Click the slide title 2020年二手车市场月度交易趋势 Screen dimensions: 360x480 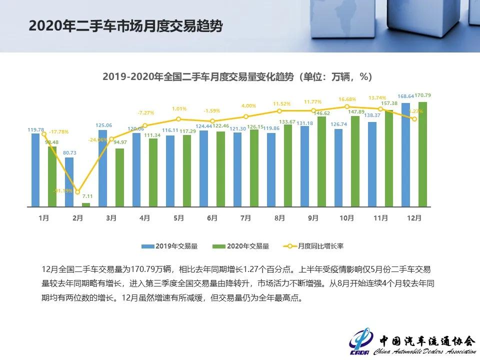click(125, 26)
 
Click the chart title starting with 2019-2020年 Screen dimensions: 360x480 click(237, 77)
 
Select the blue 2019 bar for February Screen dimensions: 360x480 click(69, 182)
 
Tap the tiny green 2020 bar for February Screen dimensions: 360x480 click(86, 204)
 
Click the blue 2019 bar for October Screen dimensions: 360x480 click(338, 167)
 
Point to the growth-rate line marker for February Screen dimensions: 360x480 click(77, 192)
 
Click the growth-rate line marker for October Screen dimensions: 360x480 click(347, 106)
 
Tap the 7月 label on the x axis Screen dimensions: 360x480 click(245, 218)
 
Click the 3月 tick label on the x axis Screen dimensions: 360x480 click(111, 218)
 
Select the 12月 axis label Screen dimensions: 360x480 click(414, 218)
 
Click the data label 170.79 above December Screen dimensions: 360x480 click(423, 95)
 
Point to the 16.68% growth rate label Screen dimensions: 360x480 click(347, 99)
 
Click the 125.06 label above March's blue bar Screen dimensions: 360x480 click(103, 125)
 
